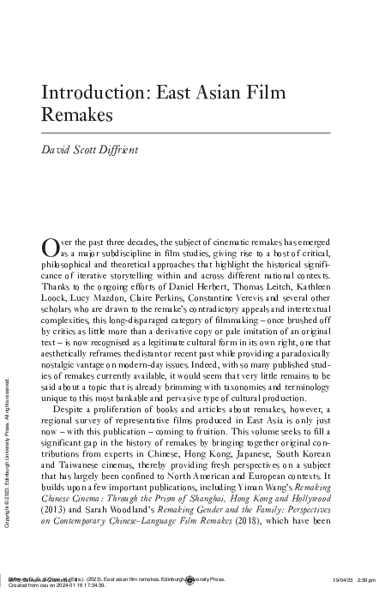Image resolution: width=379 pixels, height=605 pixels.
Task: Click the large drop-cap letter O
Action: click(50, 248)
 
